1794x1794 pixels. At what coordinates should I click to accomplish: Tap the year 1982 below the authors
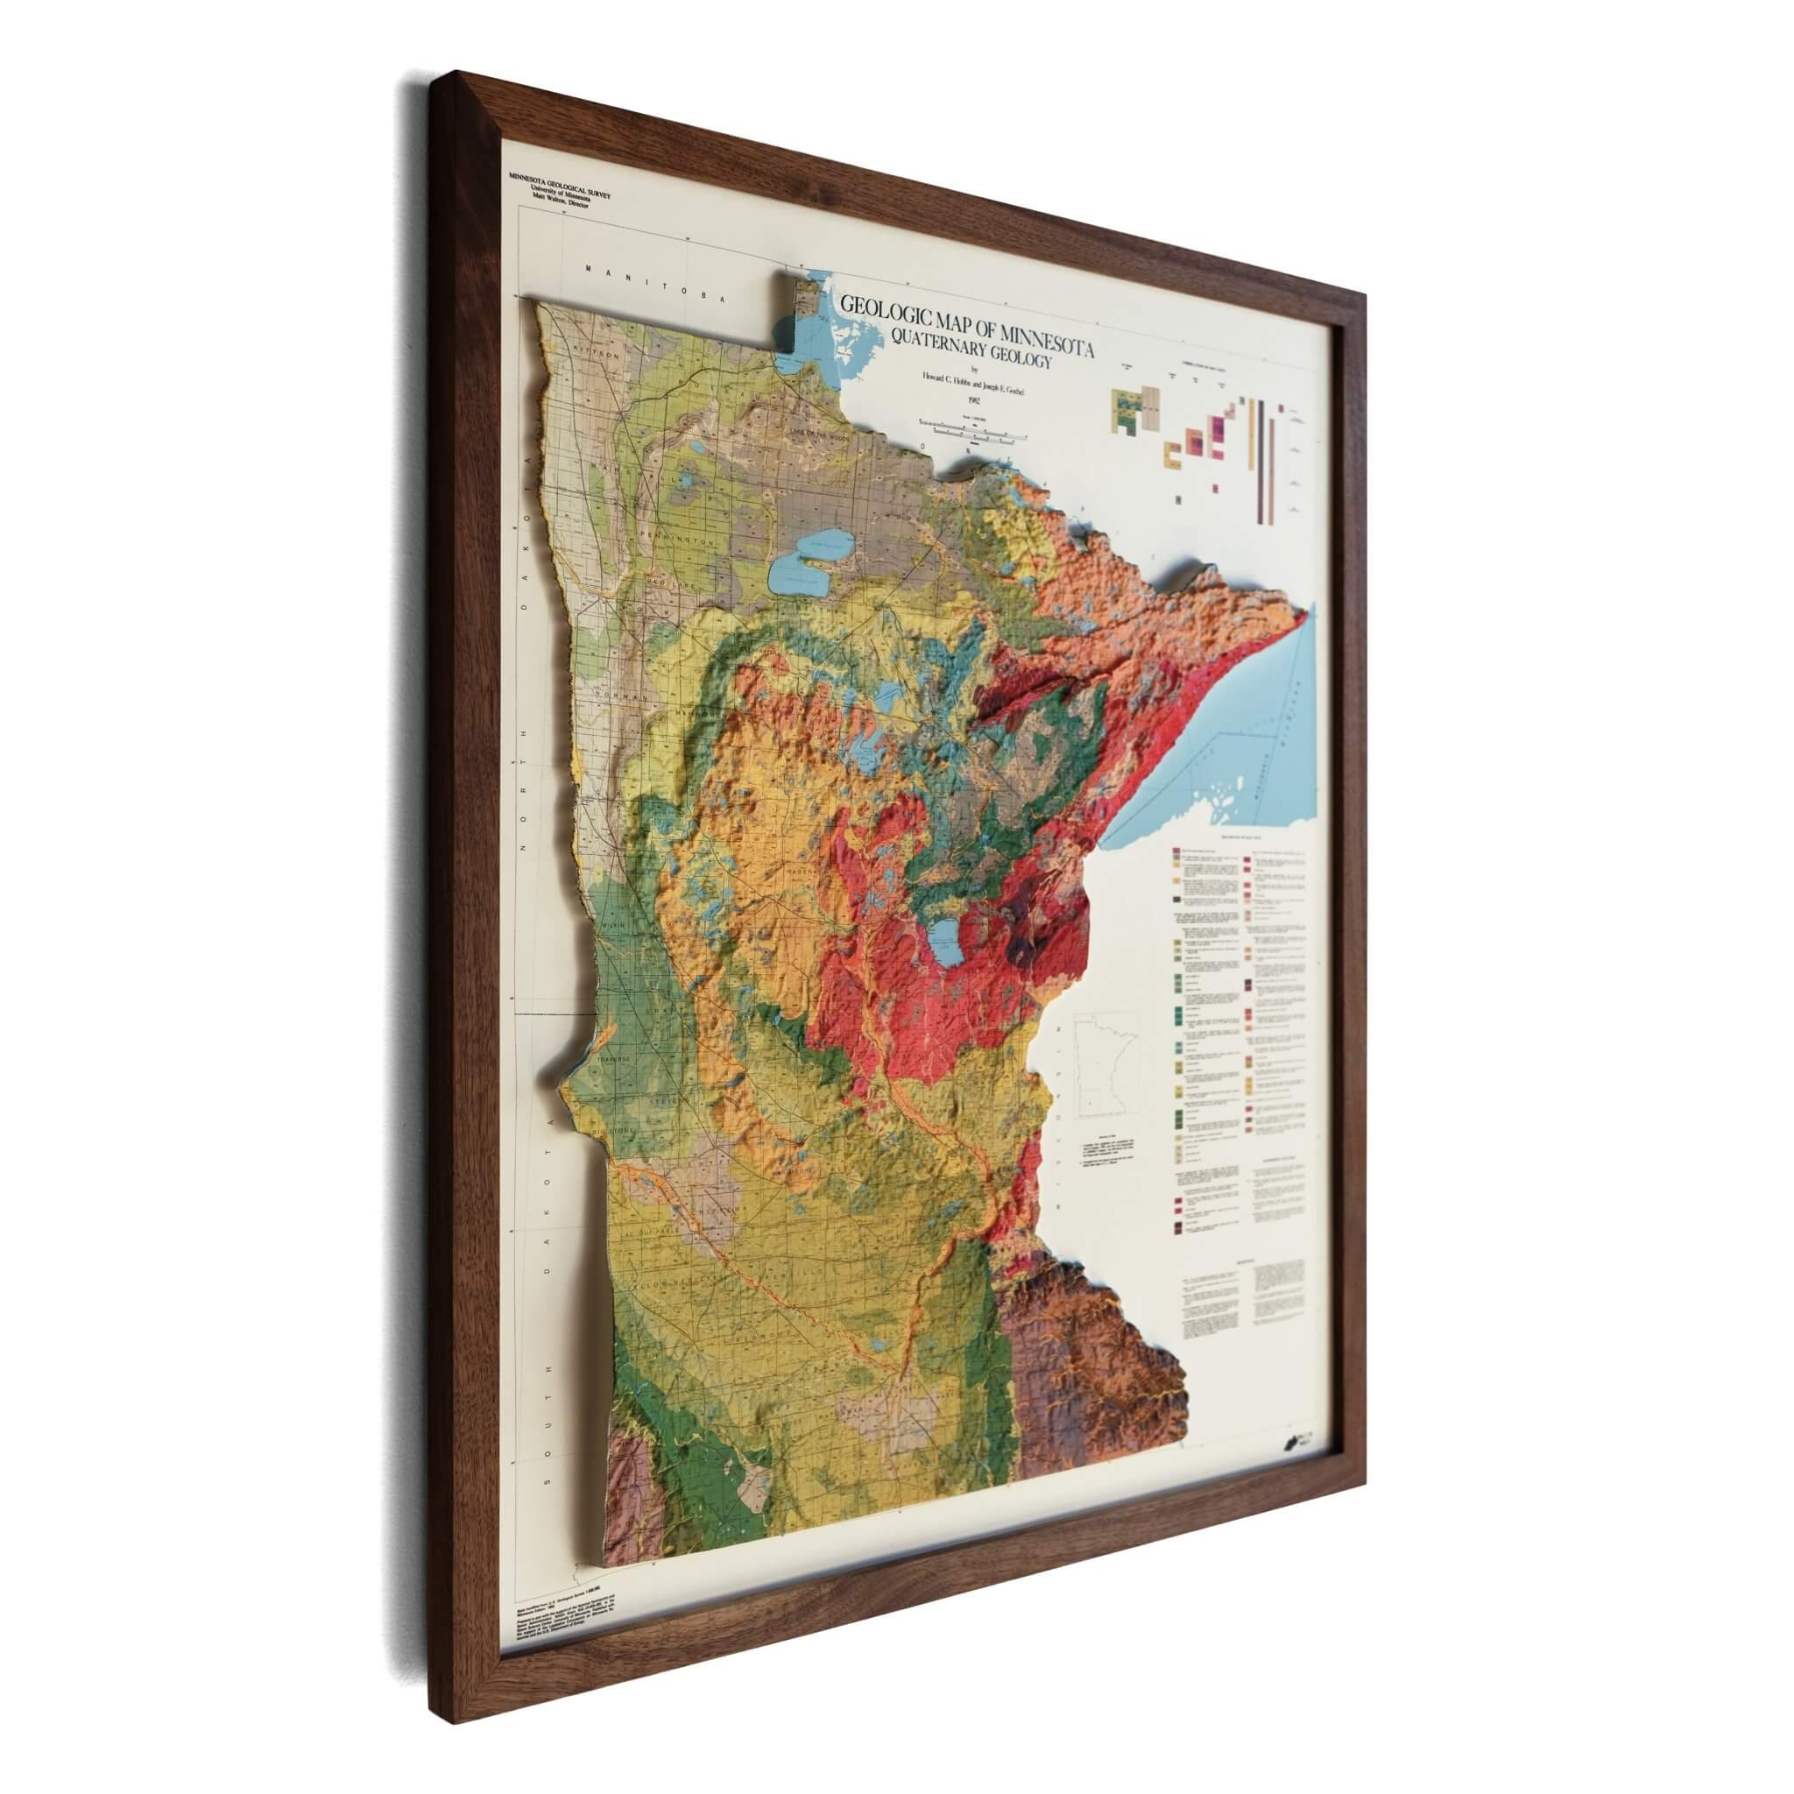click(x=973, y=400)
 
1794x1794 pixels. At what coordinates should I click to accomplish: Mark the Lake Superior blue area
click(x=1235, y=724)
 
